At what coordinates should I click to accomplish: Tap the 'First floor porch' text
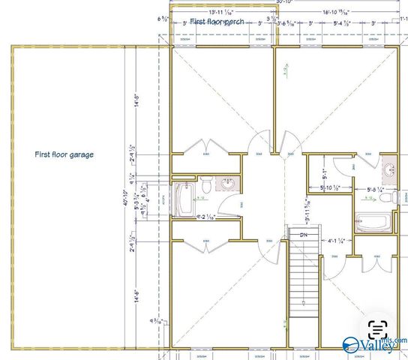pos(218,21)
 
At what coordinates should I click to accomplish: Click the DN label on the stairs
pos(304,235)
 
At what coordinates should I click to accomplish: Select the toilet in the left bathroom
pos(204,184)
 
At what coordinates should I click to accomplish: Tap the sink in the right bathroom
pos(389,169)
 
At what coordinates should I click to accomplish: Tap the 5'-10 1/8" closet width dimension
pos(331,187)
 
